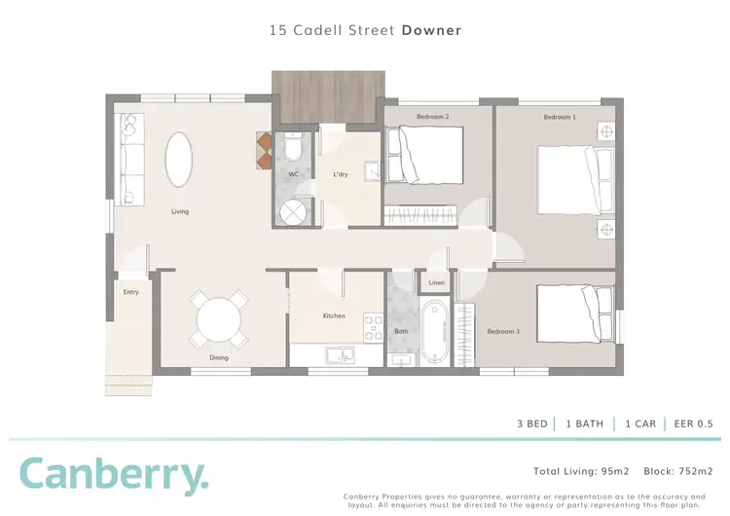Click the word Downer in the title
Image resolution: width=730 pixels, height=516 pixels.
point(431,30)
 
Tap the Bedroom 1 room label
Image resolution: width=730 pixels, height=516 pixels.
point(559,117)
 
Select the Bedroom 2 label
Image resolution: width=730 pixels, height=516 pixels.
point(432,117)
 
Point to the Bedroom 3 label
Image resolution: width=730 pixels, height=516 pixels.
point(503,331)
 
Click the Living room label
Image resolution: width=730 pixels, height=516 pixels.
point(180,211)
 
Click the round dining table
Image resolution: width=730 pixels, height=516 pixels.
point(219,318)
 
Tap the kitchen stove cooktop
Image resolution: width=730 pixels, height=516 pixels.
point(373,326)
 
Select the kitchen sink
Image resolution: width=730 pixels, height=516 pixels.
point(339,354)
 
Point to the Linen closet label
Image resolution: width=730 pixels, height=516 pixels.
point(436,283)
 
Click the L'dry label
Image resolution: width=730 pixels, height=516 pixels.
point(340,174)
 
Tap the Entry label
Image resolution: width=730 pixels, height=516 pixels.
point(130,291)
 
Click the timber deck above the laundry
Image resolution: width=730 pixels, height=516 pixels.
point(326,95)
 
